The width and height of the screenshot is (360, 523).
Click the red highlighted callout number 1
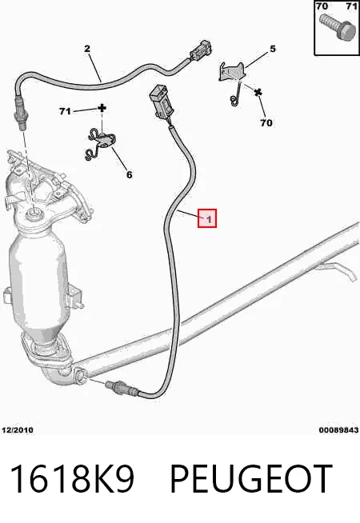(x=207, y=218)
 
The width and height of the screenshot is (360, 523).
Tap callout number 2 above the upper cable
(x=87, y=49)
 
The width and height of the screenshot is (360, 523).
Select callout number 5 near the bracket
(x=273, y=49)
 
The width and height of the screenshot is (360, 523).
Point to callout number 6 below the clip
(x=129, y=174)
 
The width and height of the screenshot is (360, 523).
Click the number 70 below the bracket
(x=266, y=123)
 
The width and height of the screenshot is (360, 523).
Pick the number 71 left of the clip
(x=65, y=110)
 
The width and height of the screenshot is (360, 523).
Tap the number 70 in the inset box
(x=322, y=6)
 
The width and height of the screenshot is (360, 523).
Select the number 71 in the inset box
(x=352, y=6)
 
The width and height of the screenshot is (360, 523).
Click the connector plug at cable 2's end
(x=200, y=51)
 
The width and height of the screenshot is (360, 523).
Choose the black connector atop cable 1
(x=161, y=101)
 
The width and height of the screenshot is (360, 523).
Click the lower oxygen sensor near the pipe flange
(x=121, y=387)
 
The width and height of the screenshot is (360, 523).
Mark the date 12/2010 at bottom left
(x=18, y=430)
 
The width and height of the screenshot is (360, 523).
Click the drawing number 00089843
(x=338, y=430)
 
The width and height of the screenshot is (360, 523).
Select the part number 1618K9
(x=72, y=479)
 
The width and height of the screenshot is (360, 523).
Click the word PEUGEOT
(x=251, y=479)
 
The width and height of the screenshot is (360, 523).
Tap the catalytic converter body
(x=38, y=280)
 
